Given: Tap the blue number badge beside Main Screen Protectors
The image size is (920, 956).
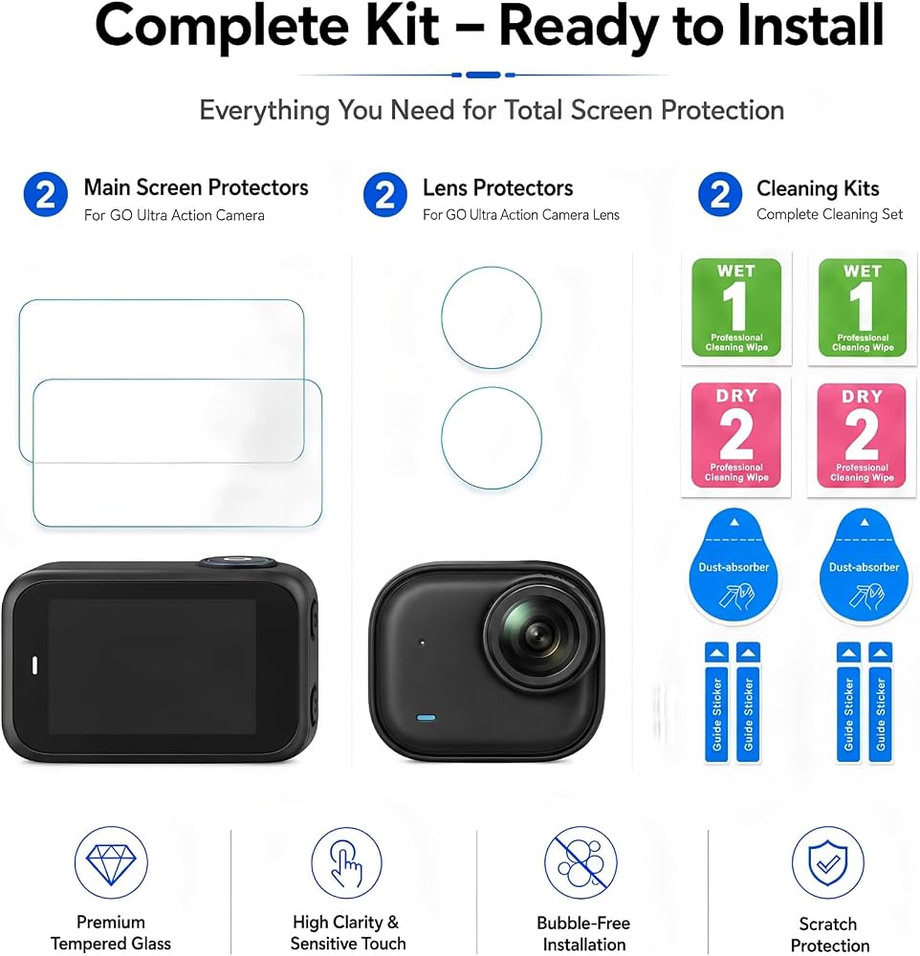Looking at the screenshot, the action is [46, 195].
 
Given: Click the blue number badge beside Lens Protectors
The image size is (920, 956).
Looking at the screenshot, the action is [385, 195].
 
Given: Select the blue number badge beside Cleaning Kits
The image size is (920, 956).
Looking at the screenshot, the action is [720, 195].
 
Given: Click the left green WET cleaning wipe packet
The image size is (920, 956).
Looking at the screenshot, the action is [736, 308].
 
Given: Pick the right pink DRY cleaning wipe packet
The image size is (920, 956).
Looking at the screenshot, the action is [862, 435].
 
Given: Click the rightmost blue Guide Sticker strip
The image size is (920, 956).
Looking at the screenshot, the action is [881, 702].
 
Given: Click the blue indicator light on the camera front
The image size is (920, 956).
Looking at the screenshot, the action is [426, 718].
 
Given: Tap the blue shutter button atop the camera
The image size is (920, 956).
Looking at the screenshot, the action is [237, 561].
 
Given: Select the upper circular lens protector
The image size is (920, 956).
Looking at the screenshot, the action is [492, 317].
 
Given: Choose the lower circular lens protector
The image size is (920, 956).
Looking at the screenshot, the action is [492, 438].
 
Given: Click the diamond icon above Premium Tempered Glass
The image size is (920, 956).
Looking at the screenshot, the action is [111, 862].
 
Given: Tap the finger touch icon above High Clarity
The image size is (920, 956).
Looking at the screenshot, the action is [346, 862].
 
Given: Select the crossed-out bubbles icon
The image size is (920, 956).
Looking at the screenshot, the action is [580, 862].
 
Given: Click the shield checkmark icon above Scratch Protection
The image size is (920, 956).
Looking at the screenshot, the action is [828, 862].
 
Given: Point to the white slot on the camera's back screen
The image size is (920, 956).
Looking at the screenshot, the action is [34, 665].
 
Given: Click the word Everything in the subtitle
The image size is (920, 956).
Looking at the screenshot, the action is [266, 111].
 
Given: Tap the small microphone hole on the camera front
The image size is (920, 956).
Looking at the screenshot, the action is [422, 642].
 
